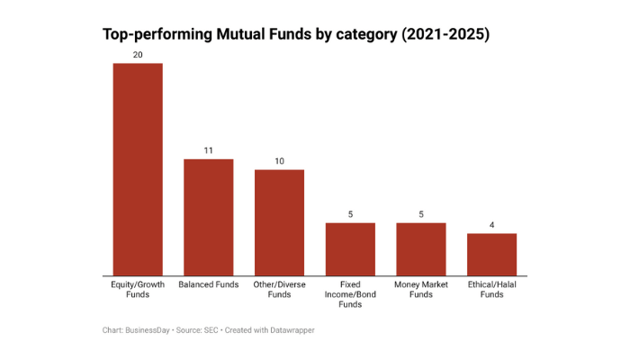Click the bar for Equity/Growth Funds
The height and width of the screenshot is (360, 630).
coord(137,169)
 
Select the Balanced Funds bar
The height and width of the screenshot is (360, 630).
coord(208,217)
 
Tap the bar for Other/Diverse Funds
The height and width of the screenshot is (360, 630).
coord(279,222)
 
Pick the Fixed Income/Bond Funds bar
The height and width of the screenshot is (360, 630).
coord(350,249)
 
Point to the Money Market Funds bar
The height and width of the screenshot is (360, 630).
coord(421,249)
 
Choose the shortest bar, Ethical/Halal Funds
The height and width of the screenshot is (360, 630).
coord(491,255)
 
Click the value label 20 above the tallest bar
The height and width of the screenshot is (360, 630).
coord(137,55)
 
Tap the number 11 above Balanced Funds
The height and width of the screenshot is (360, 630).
coord(208,150)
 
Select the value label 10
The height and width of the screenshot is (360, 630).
coord(279,161)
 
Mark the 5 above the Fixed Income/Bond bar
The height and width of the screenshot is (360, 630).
coord(350,214)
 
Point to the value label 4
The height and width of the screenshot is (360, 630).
coord(491,225)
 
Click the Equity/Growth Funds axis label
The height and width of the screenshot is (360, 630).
coord(137,289)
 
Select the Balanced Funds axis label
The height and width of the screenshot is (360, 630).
coord(208,284)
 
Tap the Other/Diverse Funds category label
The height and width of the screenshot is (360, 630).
coord(279,289)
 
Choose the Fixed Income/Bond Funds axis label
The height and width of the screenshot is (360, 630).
coord(350,294)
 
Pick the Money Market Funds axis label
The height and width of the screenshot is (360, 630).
coord(421,289)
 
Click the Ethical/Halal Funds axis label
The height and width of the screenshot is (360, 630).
coord(491,289)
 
